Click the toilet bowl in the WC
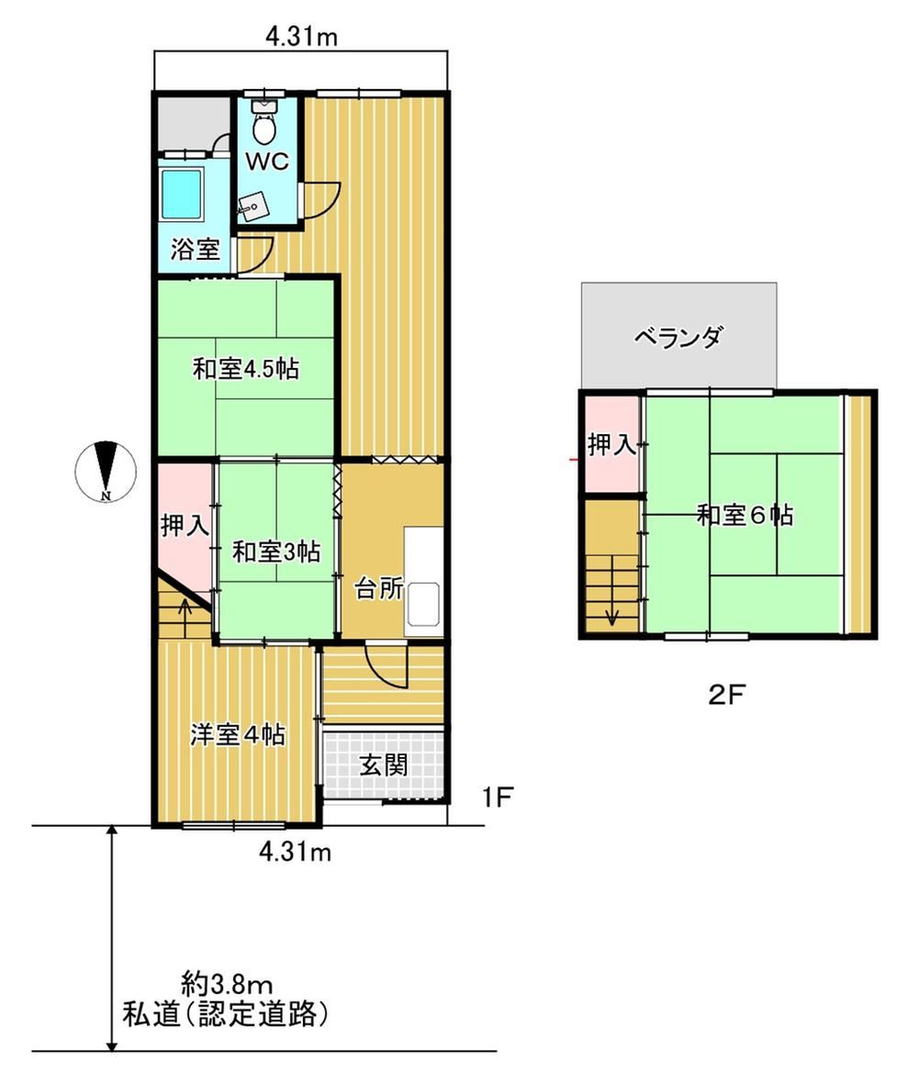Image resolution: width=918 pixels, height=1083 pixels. click(264, 127)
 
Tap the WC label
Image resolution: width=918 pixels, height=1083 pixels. click(267, 162)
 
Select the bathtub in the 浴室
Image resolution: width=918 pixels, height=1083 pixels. click(183, 193)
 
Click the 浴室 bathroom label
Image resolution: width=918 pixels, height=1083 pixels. click(196, 250)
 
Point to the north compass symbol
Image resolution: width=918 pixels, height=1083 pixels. click(105, 470)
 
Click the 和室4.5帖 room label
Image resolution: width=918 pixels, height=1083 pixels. click(246, 369)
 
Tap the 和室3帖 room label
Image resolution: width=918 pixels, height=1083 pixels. click(275, 552)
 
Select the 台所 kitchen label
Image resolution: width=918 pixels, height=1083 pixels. click(378, 588)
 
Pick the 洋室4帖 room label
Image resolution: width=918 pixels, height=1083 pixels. click(238, 735)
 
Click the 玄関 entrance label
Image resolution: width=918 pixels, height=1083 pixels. click(384, 765)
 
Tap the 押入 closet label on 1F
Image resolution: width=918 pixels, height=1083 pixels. click(185, 526)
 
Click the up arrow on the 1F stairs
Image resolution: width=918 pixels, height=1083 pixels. click(185, 610)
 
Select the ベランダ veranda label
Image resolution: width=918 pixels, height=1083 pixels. click(678, 337)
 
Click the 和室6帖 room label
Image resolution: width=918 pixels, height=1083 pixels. click(744, 515)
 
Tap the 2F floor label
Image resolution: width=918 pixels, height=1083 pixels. click(725, 694)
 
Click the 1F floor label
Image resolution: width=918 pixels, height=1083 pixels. click(497, 797)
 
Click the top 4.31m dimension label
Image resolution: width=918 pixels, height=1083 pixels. click(302, 36)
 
